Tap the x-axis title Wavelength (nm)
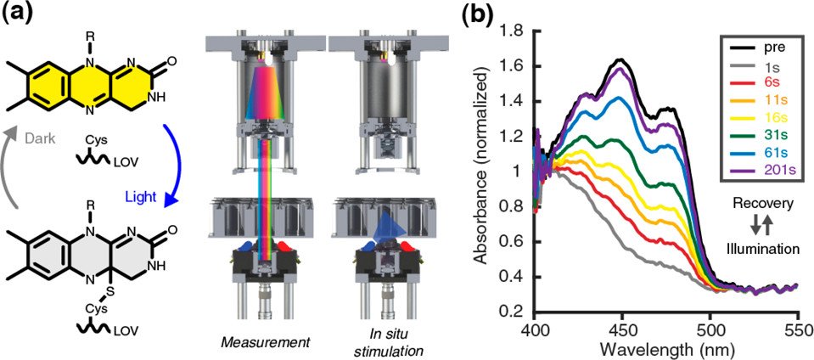[x=666, y=348]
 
